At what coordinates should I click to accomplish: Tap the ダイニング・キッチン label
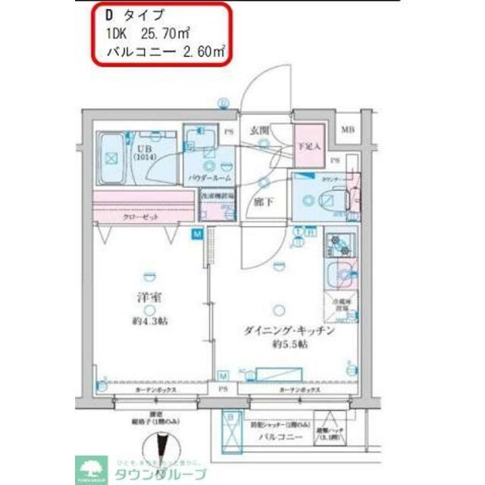coord(285,330)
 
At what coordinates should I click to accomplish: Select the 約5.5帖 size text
coord(289,343)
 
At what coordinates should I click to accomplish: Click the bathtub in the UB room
coord(113,158)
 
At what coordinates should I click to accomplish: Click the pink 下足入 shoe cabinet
coord(308,145)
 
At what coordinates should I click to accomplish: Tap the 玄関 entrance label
coord(261,130)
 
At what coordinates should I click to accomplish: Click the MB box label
coord(347,130)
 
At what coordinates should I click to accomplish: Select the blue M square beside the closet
coord(197,235)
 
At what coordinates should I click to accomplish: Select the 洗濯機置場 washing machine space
coord(217,205)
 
